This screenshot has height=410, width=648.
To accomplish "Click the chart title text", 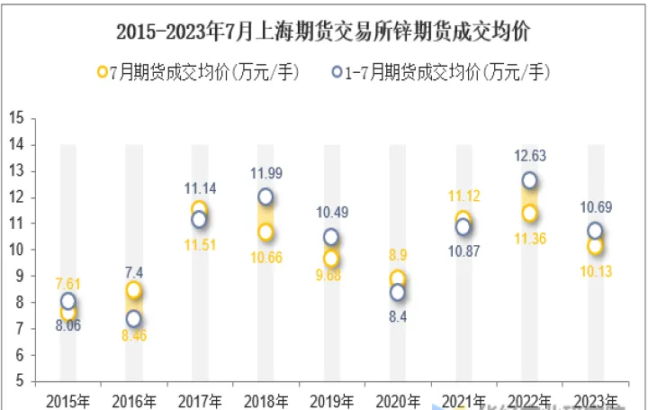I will point(323,32).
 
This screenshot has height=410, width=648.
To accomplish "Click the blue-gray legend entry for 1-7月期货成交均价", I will point(440,72).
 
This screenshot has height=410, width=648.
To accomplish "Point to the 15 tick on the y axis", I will point(15,118).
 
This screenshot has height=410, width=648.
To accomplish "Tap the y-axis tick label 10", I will point(15,250).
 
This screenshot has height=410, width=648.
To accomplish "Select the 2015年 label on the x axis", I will point(67,400).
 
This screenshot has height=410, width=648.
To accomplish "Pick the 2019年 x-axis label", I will point(331,400).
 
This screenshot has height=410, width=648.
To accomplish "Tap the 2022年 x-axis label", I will point(529,400).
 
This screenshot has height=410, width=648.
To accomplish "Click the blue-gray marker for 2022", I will point(529,180).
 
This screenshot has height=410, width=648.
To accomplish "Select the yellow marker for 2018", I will point(265,232).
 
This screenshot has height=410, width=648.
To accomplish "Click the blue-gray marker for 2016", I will point(133,318).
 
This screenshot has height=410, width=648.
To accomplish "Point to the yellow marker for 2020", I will point(397,278).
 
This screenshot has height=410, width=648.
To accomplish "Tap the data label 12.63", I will point(531,155).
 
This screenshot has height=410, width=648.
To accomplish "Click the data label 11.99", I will point(267,173).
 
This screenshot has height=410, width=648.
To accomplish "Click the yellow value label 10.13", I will point(594,270).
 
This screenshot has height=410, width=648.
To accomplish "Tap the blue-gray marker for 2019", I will point(331,237).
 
